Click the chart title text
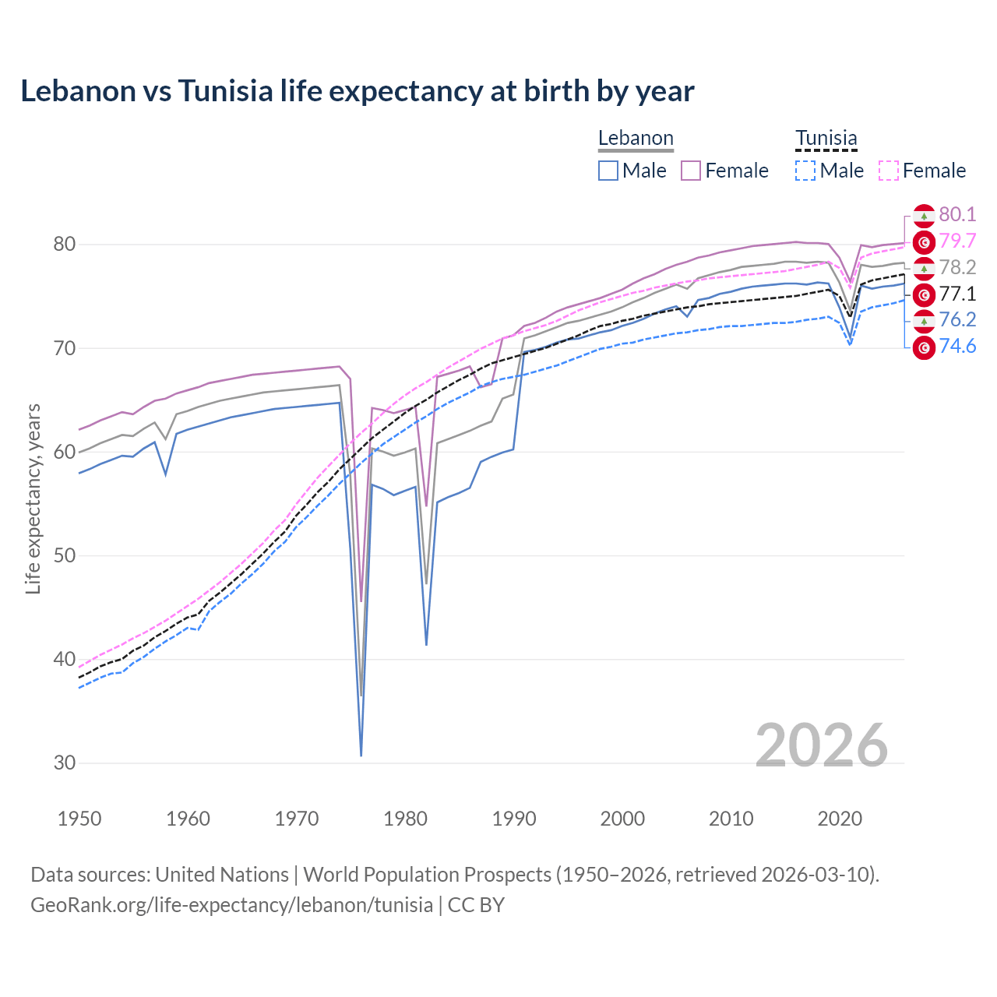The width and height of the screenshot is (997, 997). tap(357, 91)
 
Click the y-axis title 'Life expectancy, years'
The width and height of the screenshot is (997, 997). tap(33, 498)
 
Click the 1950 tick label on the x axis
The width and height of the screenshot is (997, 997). tap(79, 819)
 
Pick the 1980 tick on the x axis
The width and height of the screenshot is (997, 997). tap(405, 819)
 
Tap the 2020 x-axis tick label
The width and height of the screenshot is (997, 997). tap(839, 819)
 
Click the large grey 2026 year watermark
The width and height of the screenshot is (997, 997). tap(821, 745)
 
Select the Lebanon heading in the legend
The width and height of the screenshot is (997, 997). tap(636, 139)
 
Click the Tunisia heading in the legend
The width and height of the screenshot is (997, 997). tap(826, 139)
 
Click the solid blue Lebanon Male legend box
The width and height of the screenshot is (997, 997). tap(608, 171)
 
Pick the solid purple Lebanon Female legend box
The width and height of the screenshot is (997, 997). tap(691, 171)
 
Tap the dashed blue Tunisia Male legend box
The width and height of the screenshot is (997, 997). tap(805, 171)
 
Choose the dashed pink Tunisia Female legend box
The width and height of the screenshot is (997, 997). tap(888, 171)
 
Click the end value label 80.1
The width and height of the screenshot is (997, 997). tap(957, 215)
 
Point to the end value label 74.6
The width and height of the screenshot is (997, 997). tap(957, 347)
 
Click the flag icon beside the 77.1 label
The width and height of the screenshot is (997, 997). tap(924, 294)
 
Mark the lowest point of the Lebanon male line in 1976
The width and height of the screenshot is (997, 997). tap(361, 755)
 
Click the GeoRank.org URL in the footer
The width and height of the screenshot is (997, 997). tap(231, 905)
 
